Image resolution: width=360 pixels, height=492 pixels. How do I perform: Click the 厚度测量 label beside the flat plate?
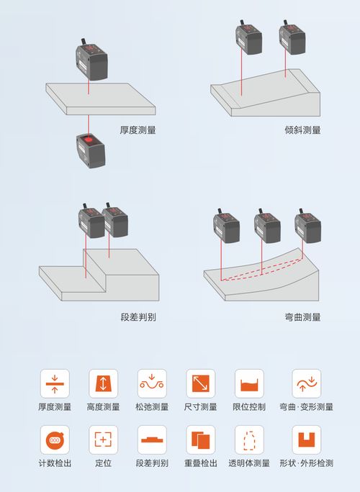(138, 130)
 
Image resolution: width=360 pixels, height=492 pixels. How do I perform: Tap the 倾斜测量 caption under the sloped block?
(302, 130)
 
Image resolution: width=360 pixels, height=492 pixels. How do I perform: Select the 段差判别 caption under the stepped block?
(138, 316)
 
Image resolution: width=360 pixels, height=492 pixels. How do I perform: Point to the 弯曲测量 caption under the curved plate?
(302, 316)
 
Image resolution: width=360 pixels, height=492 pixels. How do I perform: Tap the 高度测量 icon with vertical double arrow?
(103, 383)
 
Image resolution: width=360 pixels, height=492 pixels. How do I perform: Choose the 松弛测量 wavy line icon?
(152, 383)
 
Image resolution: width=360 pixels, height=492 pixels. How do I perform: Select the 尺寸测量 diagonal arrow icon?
(200, 383)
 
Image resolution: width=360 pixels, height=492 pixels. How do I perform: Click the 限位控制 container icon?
(249, 383)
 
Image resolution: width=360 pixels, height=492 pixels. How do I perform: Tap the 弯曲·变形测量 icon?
(306, 383)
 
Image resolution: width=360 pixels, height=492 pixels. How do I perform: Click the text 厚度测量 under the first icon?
(55, 407)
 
